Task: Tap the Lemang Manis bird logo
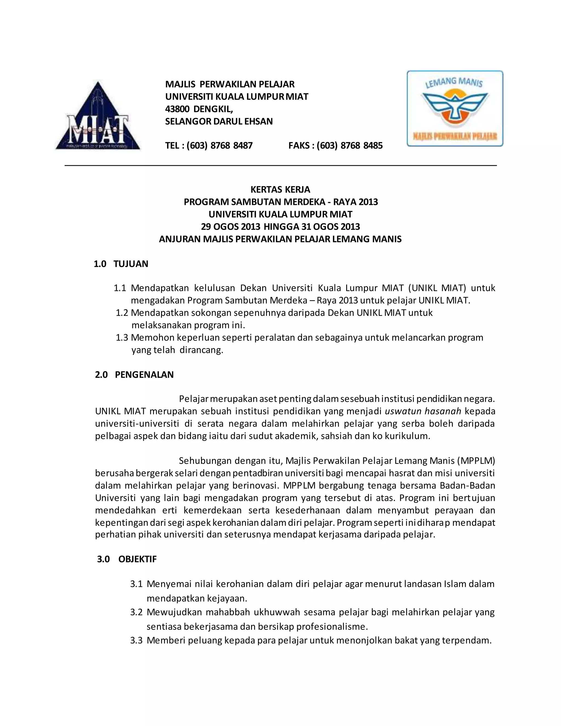(455, 108)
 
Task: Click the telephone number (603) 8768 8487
(219, 145)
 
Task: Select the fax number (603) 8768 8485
(350, 145)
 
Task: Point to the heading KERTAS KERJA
(280, 190)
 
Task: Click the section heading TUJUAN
(131, 264)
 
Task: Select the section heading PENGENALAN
(144, 375)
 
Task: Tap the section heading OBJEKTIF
(137, 559)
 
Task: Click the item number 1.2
(122, 313)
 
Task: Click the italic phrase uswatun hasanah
(423, 411)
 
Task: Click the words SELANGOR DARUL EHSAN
(219, 121)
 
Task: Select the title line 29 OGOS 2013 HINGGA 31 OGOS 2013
(280, 227)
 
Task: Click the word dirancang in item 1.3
(201, 350)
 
